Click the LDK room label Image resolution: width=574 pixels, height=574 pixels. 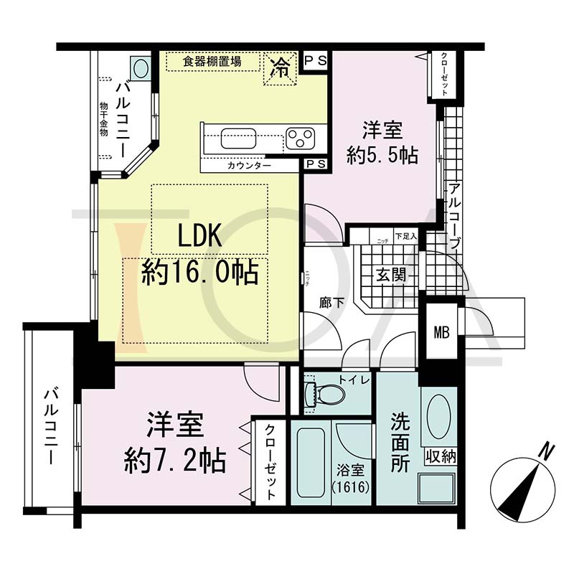189,237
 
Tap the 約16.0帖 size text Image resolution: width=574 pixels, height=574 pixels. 199,273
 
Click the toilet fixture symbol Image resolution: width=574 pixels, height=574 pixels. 324,394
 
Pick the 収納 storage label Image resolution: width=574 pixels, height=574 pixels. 440,456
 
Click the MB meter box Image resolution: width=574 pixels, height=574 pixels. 441,332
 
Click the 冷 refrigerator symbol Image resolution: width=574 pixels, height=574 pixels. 281,70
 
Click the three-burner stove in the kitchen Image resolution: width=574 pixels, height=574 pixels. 300,136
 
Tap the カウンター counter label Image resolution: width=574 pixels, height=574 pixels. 249,166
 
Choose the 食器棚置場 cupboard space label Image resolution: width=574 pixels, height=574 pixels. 212,62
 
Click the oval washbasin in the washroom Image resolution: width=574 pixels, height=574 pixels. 438,414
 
